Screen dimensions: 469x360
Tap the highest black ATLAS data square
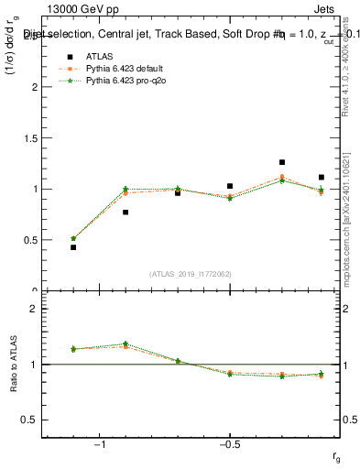click(282, 162)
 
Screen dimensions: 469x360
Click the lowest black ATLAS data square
click(73, 247)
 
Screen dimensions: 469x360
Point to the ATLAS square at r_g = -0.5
click(230, 186)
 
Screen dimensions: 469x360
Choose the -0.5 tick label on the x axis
click(229, 443)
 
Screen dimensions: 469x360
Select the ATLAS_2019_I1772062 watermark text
click(191, 273)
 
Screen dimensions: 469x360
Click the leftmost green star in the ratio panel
click(73, 348)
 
